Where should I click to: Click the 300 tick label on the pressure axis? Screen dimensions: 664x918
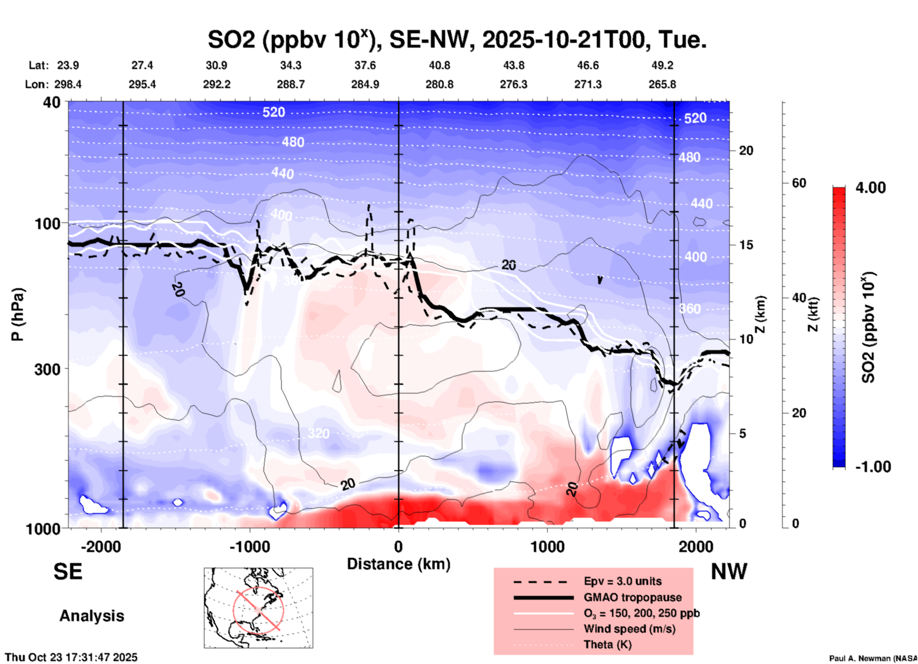pyautogui.click(x=48, y=369)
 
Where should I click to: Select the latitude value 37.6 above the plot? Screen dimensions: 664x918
pyautogui.click(x=365, y=65)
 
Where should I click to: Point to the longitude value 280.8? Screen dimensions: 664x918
pyautogui.click(x=439, y=84)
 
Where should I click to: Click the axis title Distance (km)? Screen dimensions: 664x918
pyautogui.click(x=398, y=564)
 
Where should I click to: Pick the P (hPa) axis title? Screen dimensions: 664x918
pyautogui.click(x=18, y=314)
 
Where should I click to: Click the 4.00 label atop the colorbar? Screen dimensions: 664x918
pyautogui.click(x=870, y=188)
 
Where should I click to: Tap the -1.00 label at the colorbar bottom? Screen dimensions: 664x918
pyautogui.click(x=873, y=466)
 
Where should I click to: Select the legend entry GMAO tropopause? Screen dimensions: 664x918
pyautogui.click(x=632, y=597)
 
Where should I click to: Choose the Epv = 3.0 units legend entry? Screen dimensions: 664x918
pyautogui.click(x=622, y=581)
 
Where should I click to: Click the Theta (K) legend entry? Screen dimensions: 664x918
pyautogui.click(x=607, y=644)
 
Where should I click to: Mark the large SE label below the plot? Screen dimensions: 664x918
pyautogui.click(x=68, y=572)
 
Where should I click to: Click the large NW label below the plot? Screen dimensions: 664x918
pyautogui.click(x=729, y=572)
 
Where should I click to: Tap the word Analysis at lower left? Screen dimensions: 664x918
pyautogui.click(x=92, y=616)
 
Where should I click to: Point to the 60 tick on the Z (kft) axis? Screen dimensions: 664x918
pyautogui.click(x=799, y=183)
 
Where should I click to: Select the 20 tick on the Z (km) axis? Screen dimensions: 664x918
pyautogui.click(x=746, y=151)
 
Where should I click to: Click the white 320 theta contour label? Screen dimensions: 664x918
pyautogui.click(x=318, y=433)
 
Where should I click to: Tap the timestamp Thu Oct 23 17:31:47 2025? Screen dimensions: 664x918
pyautogui.click(x=71, y=657)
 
